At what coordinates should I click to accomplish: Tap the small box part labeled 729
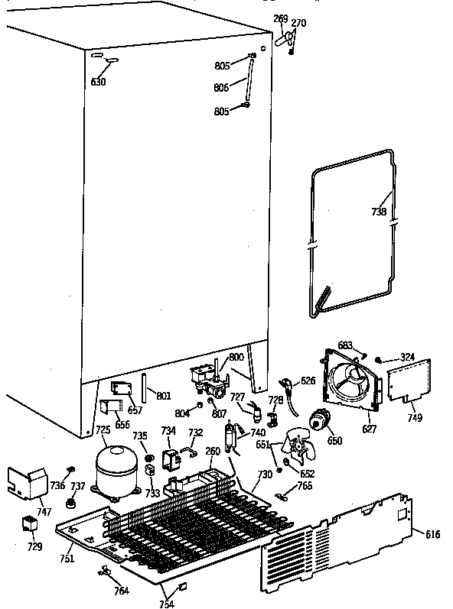pos(29,525)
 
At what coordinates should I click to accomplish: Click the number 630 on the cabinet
pos(99,82)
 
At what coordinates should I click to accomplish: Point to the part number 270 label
pos(299,23)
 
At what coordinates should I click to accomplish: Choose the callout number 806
pos(222,88)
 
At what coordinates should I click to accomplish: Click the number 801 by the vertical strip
pos(163,396)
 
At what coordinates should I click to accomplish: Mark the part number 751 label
pos(67,559)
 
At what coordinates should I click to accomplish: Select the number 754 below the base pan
pos(165,604)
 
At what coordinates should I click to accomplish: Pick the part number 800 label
pos(236,357)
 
